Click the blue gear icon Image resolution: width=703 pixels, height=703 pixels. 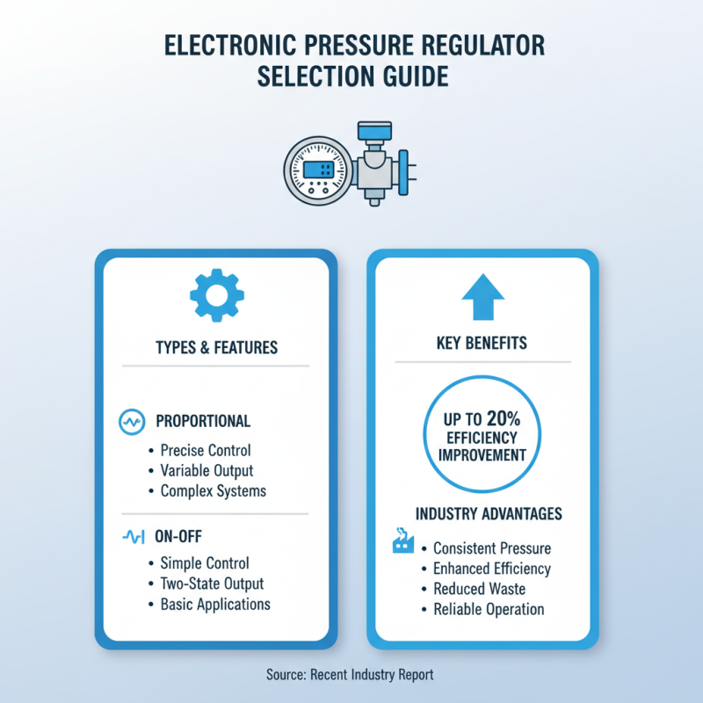point(215,296)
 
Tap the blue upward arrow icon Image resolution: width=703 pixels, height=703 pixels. point(482,297)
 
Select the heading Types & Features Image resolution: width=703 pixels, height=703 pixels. point(216,347)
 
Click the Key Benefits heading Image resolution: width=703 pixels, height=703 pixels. point(482,344)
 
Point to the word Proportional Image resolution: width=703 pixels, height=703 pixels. point(203,421)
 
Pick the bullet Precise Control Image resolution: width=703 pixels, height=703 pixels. point(206,450)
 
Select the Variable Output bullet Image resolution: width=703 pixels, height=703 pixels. point(207,470)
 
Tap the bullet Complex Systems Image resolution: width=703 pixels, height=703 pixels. point(213,490)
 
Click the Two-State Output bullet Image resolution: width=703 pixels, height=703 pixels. point(212,583)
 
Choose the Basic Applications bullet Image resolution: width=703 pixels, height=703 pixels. point(215,604)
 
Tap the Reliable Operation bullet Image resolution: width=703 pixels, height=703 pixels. point(489,609)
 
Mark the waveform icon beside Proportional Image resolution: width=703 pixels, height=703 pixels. point(130,422)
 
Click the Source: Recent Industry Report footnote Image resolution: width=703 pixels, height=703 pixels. point(350,675)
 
